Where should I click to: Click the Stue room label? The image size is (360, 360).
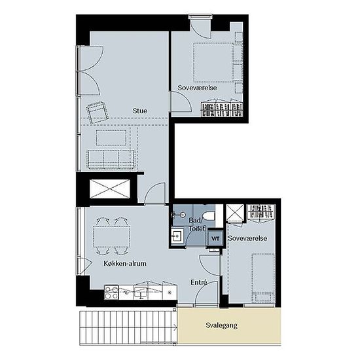click(x=140, y=111)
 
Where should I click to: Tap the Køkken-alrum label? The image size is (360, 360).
click(x=125, y=263)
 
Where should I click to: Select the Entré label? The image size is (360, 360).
click(x=199, y=282)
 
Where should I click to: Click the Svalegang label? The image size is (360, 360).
click(x=221, y=325)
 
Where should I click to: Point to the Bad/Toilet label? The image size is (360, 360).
click(x=197, y=225)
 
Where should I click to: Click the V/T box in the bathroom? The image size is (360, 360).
click(x=215, y=238)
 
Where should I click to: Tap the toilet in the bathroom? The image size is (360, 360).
click(x=208, y=216)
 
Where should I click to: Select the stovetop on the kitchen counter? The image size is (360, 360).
click(x=111, y=293)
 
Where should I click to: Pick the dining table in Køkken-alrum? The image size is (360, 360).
click(x=111, y=237)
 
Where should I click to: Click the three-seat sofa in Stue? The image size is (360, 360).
click(x=111, y=158)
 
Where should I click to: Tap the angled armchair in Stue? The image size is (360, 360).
click(x=98, y=112)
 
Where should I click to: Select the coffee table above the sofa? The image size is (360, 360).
click(x=111, y=137)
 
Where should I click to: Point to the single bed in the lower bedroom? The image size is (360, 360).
click(x=263, y=278)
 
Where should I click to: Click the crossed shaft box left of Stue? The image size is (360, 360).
click(x=110, y=189)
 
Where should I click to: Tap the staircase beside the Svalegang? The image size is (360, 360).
click(x=128, y=328)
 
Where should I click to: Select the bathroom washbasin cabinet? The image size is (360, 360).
click(x=177, y=236)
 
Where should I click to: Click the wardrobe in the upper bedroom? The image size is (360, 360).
click(x=222, y=109)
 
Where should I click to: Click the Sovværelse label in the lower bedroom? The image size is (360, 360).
click(x=247, y=238)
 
